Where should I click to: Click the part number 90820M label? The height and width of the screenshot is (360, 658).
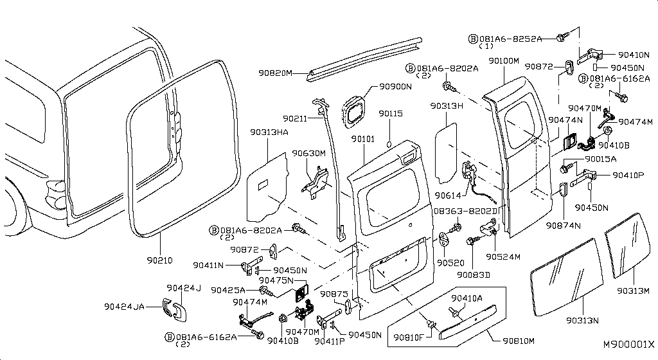pyautogui.click(x=275, y=73)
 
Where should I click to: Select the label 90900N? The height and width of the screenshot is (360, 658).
pyautogui.click(x=395, y=86)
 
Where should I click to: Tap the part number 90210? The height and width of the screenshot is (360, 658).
pyautogui.click(x=159, y=260)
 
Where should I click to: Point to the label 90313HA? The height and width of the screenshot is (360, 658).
pyautogui.click(x=269, y=132)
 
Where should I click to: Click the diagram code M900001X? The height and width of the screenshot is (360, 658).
pyautogui.click(x=628, y=345)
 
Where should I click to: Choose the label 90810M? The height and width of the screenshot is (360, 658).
pyautogui.click(x=519, y=341)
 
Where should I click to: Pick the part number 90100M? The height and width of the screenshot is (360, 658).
pyautogui.click(x=504, y=61)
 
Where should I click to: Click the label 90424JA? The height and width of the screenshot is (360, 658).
pyautogui.click(x=124, y=307)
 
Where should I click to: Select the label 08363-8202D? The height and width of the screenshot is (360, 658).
pyautogui.click(x=465, y=211)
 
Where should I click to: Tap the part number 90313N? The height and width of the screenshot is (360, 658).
pyautogui.click(x=582, y=321)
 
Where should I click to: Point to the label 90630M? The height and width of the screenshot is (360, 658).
pyautogui.click(x=309, y=154)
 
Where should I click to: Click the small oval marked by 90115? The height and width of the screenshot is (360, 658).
pyautogui.click(x=389, y=145)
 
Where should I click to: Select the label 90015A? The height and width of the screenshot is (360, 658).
pyautogui.click(x=601, y=159)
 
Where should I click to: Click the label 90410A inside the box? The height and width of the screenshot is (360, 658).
pyautogui.click(x=467, y=298)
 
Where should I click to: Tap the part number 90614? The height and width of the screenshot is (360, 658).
pyautogui.click(x=448, y=195)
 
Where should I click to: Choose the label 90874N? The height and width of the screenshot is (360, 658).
pyautogui.click(x=563, y=226)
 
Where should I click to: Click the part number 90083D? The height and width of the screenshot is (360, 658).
pyautogui.click(x=474, y=275)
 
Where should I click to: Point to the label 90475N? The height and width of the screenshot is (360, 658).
pyautogui.click(x=276, y=280)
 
